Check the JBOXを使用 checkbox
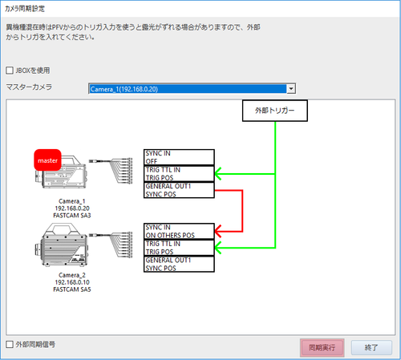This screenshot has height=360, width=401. coord(10,71)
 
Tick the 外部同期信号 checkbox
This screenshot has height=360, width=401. coord(10,344)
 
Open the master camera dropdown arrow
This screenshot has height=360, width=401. coord(291,88)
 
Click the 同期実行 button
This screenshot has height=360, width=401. coord(322,347)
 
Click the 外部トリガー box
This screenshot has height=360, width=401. coord(275,111)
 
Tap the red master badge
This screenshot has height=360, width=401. coord(47,160)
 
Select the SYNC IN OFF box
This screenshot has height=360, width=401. coord(179,157)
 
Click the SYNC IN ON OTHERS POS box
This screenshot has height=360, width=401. coord(179,231)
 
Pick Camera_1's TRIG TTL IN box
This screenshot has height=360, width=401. coord(179,174)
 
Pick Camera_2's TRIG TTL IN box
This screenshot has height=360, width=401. coord(179,248)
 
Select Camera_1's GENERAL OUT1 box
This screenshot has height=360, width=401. coord(179,190)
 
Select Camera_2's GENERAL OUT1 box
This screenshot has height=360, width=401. coord(179,264)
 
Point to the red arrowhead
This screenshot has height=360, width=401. coord(218,231)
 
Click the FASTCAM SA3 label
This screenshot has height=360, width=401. coord(72,216)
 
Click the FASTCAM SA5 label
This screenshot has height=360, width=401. coord(72,289)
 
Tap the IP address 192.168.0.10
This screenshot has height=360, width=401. coord(72,282)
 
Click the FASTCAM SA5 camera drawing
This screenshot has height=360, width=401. coord(61,245)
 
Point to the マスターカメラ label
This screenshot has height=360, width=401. coord(29,87)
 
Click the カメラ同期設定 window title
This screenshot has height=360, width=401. coord(25,9)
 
